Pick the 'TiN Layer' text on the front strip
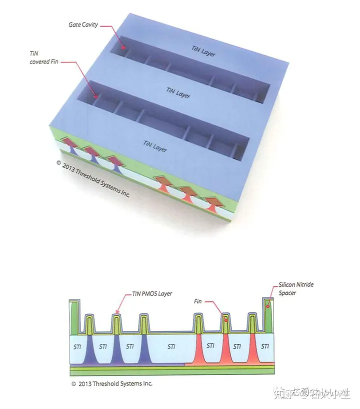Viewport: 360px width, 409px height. tap(155, 146)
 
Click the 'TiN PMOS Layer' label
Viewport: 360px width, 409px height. tap(152, 294)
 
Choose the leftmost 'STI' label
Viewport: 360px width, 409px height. tap(79, 346)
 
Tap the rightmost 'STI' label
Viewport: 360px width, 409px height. tap(265, 346)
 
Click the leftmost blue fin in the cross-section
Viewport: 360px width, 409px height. tap(89, 350)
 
